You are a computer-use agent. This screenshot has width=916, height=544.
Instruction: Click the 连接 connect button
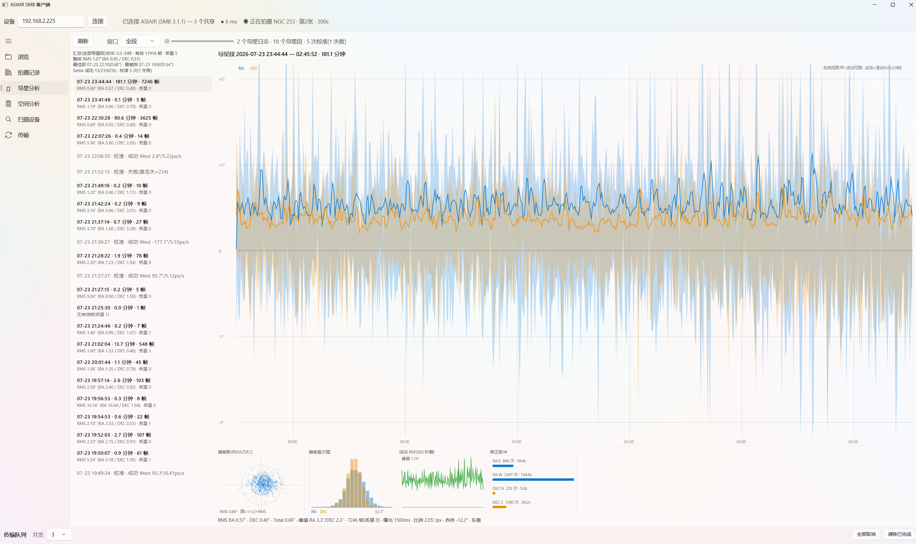[x=97, y=21]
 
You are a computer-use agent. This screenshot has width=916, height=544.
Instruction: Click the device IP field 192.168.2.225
[x=51, y=21]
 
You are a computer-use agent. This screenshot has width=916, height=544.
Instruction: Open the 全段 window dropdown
[x=140, y=41]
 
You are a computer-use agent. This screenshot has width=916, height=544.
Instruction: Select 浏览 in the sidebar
[x=23, y=57]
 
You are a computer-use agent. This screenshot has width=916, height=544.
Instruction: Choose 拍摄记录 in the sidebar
[x=29, y=73]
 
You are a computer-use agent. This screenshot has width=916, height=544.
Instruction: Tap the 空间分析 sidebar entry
[x=29, y=104]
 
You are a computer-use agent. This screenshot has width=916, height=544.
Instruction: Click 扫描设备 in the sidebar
[x=29, y=120]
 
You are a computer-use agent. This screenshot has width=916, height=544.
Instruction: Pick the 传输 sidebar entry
[x=23, y=135]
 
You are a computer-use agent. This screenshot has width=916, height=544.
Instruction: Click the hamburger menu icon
[x=8, y=41]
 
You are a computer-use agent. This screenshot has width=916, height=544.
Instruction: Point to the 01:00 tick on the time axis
[x=517, y=442]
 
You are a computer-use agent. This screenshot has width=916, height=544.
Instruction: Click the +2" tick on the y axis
[x=222, y=79]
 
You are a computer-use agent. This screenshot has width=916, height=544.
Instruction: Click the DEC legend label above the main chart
[x=254, y=69]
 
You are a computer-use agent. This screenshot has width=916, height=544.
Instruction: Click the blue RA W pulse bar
[x=533, y=479]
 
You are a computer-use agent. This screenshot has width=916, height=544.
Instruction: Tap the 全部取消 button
[x=866, y=534]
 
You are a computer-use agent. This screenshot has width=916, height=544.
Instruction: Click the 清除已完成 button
[x=899, y=534]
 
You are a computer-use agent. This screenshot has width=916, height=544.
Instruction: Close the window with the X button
[x=911, y=5]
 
